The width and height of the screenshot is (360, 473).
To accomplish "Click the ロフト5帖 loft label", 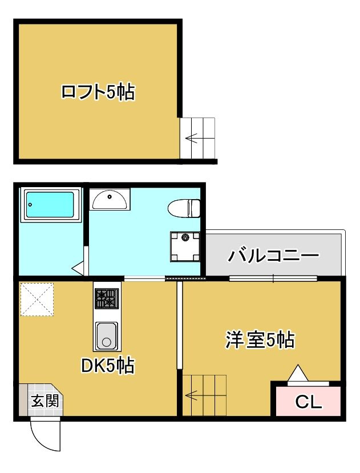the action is (98, 92).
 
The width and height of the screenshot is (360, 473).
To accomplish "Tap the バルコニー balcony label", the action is (273, 256).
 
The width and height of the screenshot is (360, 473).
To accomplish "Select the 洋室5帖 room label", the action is (260, 340).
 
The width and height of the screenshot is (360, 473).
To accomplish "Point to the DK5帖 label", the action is (108, 366).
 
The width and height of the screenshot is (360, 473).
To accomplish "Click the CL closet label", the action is (309, 402).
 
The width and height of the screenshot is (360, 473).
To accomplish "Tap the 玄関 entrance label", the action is (45, 401).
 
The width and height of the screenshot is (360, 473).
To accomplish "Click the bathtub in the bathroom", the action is (50, 205).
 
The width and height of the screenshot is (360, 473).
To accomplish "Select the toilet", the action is (184, 208).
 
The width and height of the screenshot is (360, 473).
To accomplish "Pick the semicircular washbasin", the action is (110, 199).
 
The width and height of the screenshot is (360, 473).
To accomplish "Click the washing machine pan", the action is (185, 246).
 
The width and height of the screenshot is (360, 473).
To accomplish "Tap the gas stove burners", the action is (107, 298).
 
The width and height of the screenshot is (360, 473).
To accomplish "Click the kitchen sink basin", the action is (107, 335).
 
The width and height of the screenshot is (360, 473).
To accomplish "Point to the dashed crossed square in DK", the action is (37, 299).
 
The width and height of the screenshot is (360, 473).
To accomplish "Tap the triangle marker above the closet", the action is (298, 374).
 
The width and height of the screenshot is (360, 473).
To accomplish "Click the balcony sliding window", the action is (273, 278).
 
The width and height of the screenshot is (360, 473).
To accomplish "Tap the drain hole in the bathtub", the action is (30, 204).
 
